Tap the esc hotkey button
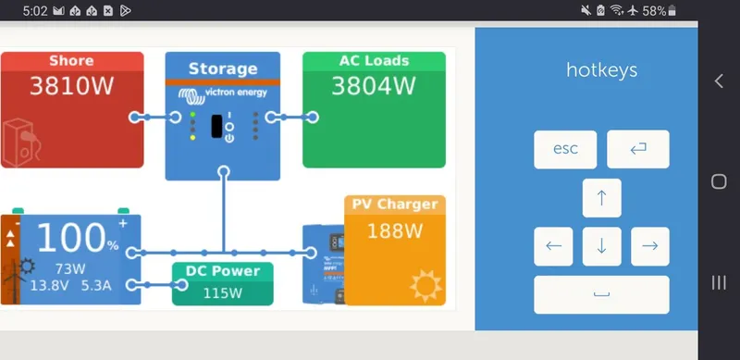[x=565, y=149]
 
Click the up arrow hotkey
[x=601, y=198]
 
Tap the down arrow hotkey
[x=601, y=246]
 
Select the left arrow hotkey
[x=553, y=246]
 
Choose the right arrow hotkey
[x=649, y=246]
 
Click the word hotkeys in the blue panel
[x=601, y=70]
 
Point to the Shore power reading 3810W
[x=71, y=87]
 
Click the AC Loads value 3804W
[x=374, y=87]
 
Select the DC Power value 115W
[x=222, y=293]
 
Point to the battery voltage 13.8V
[x=50, y=286]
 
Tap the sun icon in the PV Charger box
[x=425, y=286]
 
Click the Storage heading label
[x=222, y=68]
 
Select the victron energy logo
[x=222, y=93]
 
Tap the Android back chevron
[x=719, y=81]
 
